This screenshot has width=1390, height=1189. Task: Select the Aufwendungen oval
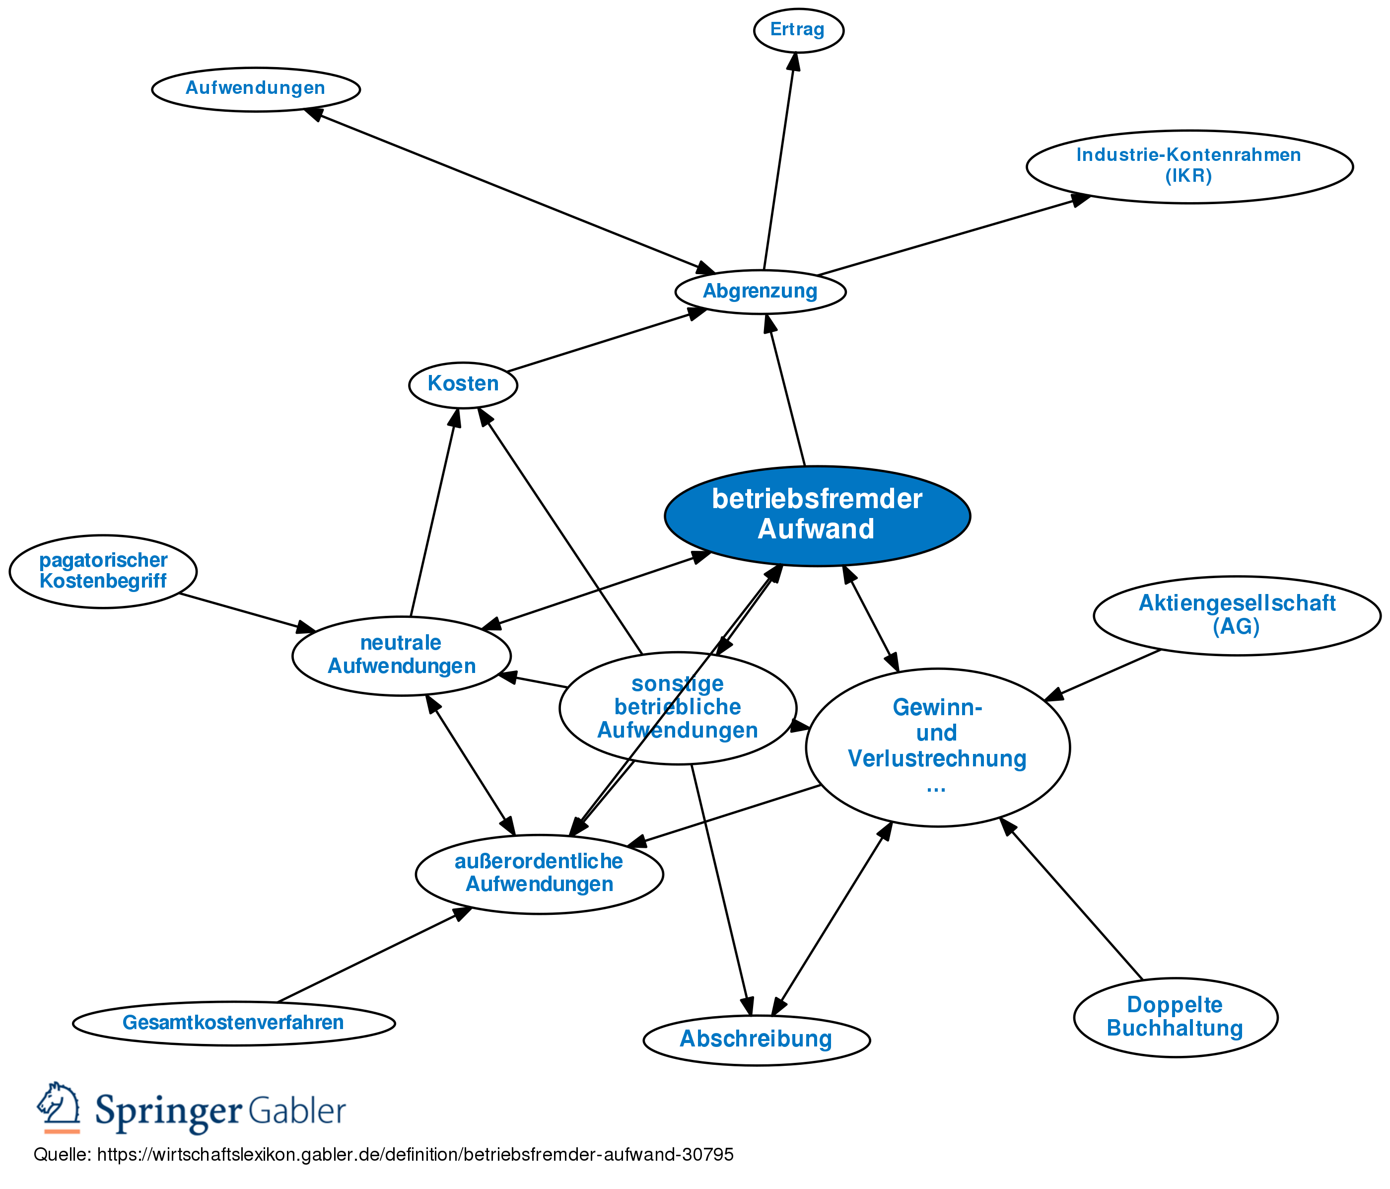256,88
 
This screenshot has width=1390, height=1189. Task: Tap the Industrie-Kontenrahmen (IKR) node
1189,166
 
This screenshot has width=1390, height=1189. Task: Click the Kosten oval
463,384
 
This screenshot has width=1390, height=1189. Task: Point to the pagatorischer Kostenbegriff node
103,571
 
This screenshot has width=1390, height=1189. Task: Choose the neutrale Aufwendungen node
401,655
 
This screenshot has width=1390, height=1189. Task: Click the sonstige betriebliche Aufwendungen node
678,707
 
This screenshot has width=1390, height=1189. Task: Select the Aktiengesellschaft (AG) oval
1237,615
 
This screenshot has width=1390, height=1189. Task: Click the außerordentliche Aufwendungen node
539,873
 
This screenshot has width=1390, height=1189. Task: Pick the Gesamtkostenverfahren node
233,1023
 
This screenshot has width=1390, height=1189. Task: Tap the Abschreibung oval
756,1040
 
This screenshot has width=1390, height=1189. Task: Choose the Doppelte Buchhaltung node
1176,1017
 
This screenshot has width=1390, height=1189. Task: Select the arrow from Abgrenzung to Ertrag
779,161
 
